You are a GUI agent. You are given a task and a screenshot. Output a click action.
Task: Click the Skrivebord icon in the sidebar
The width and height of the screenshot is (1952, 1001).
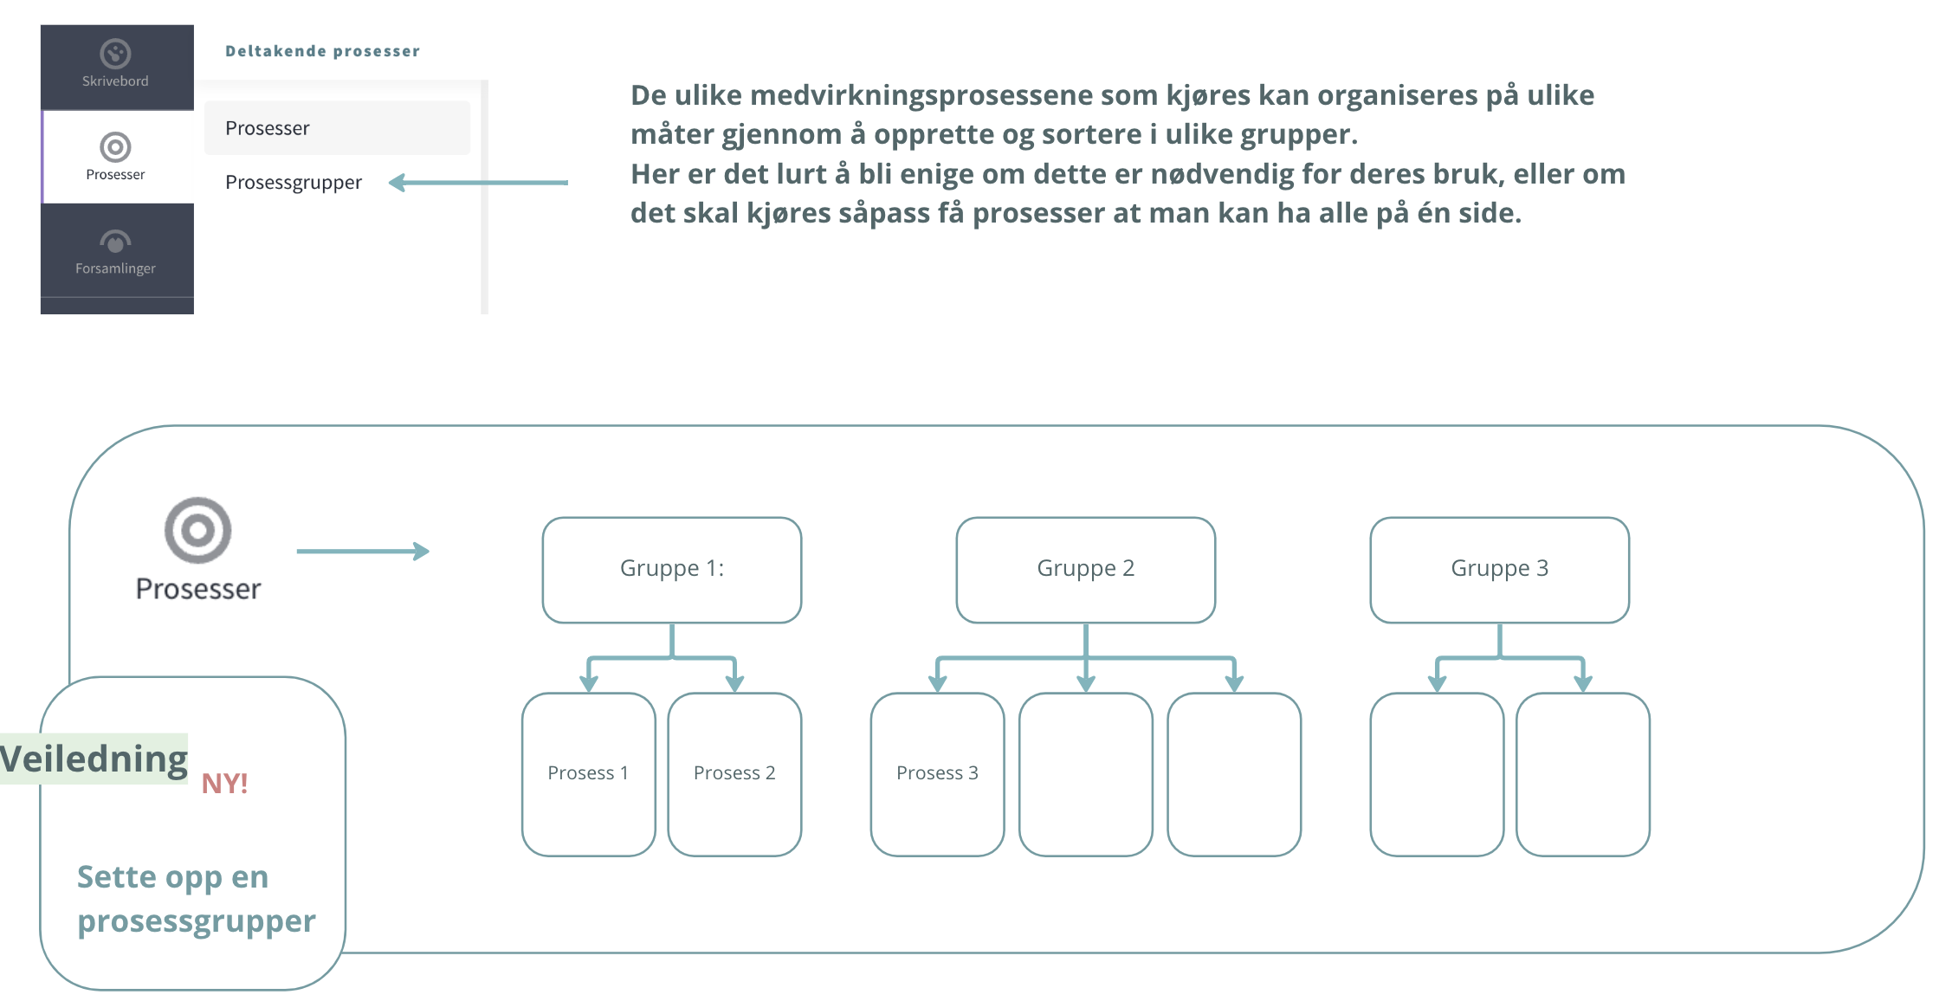point(115,54)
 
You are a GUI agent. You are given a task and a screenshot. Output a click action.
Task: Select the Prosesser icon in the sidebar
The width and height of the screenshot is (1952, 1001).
point(115,147)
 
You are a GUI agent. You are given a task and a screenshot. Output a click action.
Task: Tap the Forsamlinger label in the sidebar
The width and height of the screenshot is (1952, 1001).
point(115,268)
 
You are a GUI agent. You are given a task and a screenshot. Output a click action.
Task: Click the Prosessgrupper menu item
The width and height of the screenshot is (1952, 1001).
point(293,183)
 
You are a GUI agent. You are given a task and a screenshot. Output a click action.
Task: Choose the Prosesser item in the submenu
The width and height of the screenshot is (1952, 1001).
point(268,128)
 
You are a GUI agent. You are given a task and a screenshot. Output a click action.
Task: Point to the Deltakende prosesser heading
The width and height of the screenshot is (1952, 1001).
point(322,51)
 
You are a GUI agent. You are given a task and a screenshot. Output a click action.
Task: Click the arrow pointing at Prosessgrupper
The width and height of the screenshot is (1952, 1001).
point(478,183)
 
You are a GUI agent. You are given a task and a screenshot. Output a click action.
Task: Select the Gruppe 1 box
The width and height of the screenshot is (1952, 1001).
point(672,569)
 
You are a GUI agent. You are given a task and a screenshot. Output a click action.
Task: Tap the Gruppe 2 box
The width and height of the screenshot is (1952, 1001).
point(1085,569)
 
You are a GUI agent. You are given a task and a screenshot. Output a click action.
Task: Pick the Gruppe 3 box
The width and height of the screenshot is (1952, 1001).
point(1499,569)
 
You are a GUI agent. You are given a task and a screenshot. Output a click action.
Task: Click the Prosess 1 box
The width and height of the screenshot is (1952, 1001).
point(588,773)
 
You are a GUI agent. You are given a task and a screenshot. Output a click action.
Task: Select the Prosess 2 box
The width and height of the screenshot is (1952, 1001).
point(734,773)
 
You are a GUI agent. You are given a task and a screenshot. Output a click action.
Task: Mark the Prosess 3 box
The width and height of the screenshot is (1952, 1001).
point(937,773)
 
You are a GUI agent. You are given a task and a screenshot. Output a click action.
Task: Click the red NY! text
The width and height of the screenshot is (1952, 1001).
point(224,784)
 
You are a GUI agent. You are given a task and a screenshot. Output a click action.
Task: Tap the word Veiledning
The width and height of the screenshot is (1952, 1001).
point(94,759)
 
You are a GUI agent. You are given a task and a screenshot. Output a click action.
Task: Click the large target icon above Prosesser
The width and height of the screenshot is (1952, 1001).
point(197,530)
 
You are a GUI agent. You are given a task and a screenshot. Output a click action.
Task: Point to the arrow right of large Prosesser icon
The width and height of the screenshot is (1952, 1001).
point(363,552)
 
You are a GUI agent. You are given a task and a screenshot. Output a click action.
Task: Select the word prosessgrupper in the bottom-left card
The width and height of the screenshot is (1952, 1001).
point(197,921)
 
